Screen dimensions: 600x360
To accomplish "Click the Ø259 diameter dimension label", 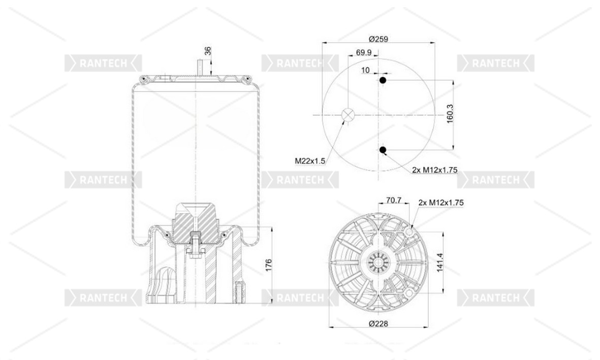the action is point(378,39).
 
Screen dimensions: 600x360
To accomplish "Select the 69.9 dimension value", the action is point(364,52).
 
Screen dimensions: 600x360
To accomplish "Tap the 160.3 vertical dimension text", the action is point(450,114).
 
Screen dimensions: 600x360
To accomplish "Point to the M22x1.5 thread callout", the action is point(309,161).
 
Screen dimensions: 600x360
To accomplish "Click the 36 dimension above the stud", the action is point(208,51).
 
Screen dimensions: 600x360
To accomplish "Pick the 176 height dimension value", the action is point(268,265).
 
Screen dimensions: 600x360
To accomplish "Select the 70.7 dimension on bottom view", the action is point(393,200).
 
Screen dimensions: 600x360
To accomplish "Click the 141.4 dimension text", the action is point(440,263).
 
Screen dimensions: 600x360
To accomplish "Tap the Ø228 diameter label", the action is point(378,323).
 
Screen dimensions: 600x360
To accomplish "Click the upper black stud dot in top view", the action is point(382,80).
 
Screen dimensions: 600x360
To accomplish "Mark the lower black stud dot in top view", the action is point(382,150).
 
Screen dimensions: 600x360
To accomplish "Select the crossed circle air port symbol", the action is point(348,114).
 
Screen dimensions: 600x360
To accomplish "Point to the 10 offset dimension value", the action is point(365,70).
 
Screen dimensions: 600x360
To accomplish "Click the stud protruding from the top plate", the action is point(200,68).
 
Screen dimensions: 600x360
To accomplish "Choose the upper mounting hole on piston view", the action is point(409,232).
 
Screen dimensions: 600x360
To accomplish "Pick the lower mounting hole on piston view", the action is point(409,293).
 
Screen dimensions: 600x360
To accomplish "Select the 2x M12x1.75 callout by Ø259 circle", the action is point(435,170).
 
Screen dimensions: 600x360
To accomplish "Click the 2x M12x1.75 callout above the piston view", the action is point(441,203).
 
